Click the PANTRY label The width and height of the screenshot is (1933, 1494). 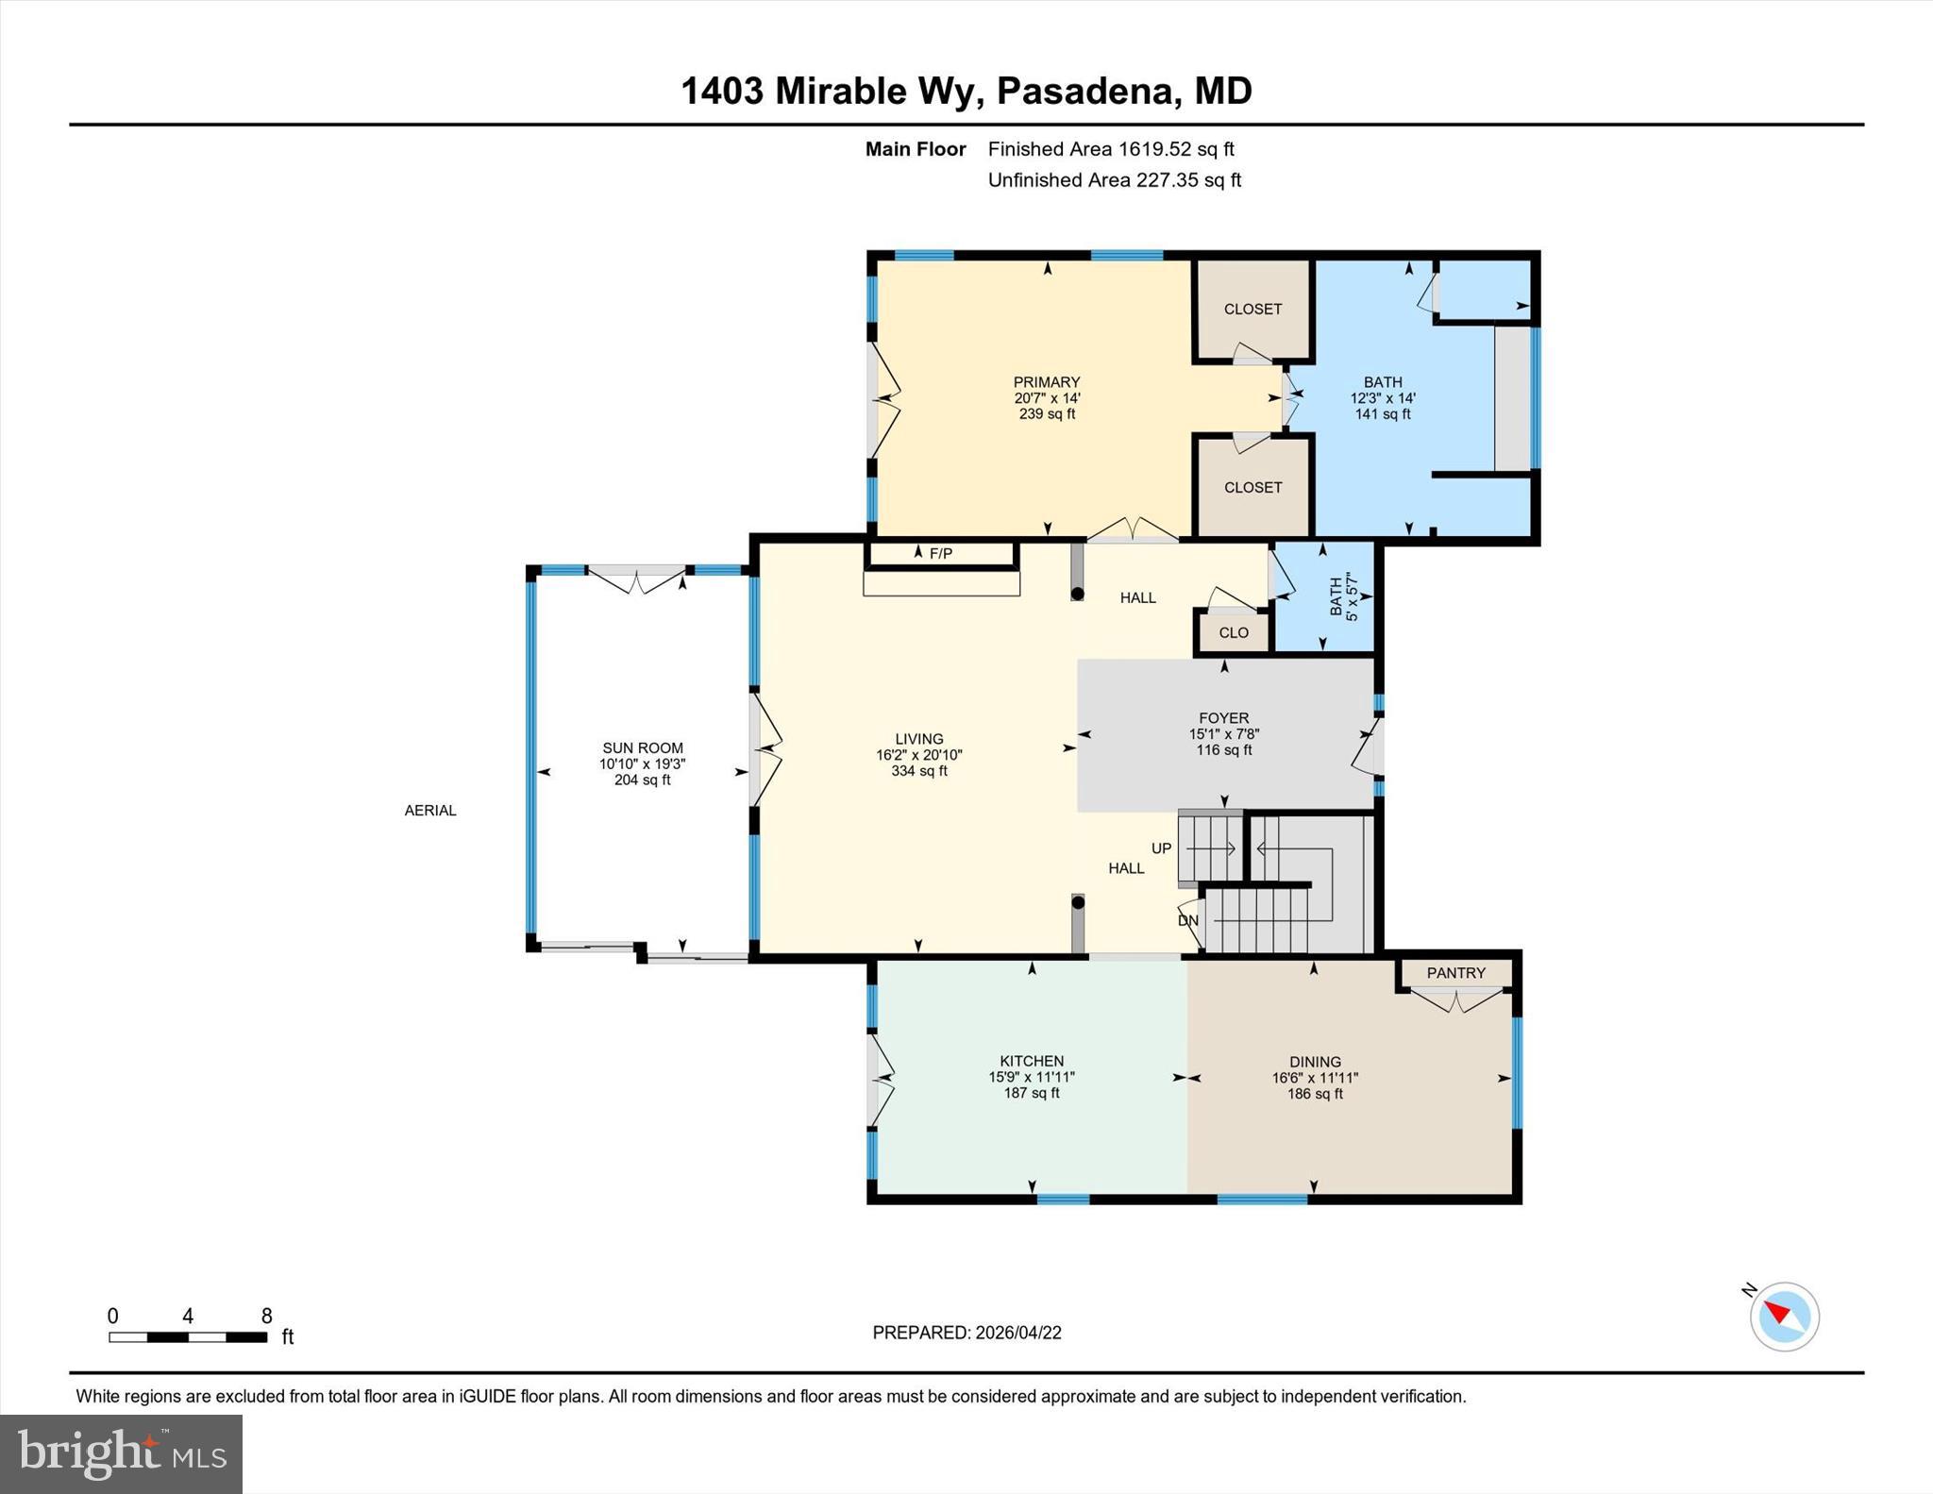[x=1455, y=972]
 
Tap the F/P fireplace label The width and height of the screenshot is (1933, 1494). [x=940, y=554]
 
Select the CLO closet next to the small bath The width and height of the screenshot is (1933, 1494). [x=1234, y=632]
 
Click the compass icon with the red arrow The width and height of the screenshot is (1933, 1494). [x=1784, y=1316]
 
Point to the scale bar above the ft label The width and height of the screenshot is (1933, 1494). [x=187, y=1336]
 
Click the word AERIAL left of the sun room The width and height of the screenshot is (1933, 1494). [x=430, y=810]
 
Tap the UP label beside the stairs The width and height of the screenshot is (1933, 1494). [x=1161, y=848]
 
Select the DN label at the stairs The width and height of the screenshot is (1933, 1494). [x=1187, y=920]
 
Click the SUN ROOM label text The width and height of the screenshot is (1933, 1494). [x=643, y=747]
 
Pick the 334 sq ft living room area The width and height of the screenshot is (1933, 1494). [x=918, y=771]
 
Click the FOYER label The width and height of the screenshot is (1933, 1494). [x=1224, y=718]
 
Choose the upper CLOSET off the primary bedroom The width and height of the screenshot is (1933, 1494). [x=1252, y=309]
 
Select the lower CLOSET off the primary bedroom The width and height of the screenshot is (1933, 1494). [x=1252, y=487]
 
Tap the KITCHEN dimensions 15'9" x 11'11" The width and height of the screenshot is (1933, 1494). [x=1032, y=1077]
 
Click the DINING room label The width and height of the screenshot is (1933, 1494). [x=1315, y=1062]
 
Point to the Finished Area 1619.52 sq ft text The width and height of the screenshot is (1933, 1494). [x=1111, y=149]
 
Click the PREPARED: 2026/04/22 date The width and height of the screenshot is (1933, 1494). [x=966, y=1333]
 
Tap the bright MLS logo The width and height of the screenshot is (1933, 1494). [x=121, y=1453]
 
